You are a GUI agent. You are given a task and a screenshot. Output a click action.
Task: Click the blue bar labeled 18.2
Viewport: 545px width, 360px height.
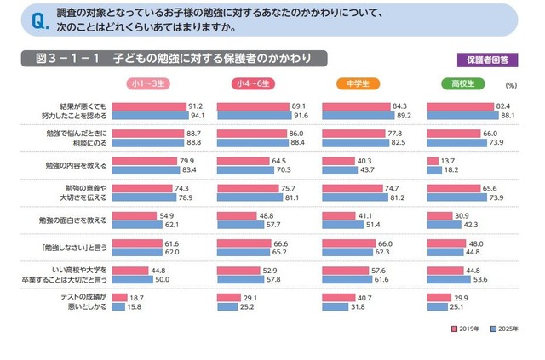435,169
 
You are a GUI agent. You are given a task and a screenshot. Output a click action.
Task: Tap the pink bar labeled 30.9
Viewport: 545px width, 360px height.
444,214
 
